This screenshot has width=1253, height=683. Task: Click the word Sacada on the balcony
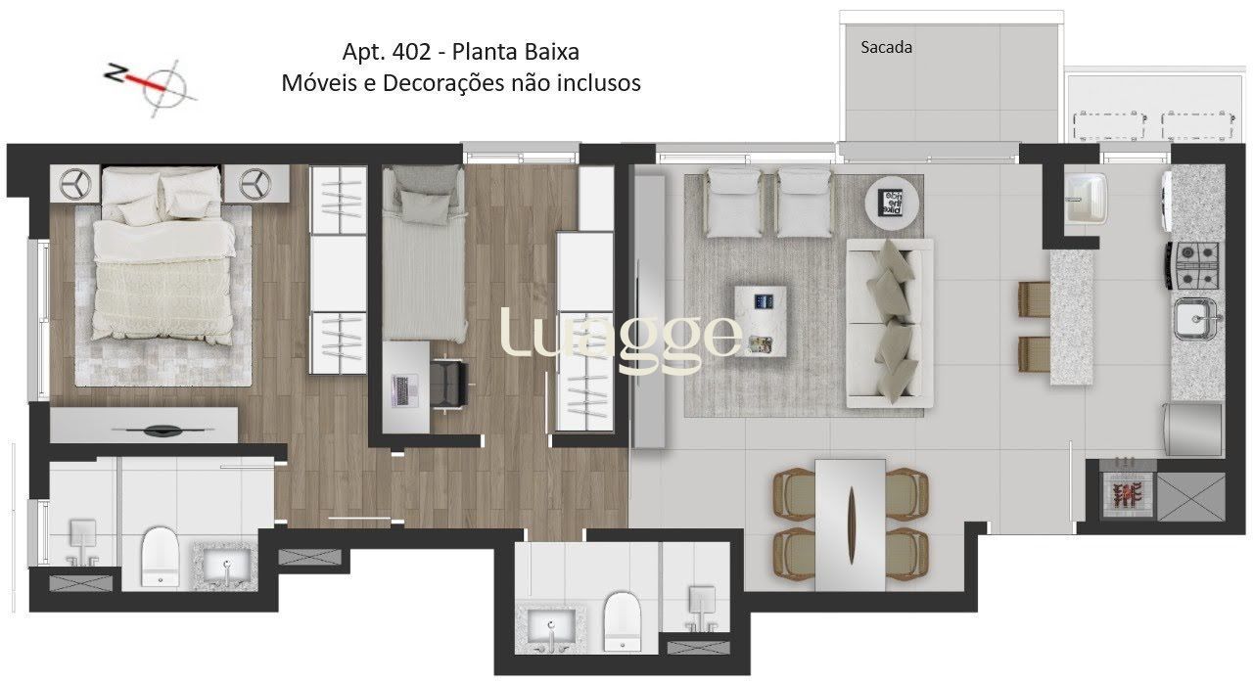pyautogui.click(x=886, y=48)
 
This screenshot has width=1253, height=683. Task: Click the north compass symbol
pyautogui.click(x=151, y=87)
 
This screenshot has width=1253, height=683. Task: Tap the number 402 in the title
pyautogui.click(x=412, y=52)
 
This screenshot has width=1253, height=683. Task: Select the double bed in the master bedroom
pyautogui.click(x=163, y=254)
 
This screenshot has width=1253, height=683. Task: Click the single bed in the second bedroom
pyautogui.click(x=424, y=253)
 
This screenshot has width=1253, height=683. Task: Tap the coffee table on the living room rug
pyautogui.click(x=761, y=321)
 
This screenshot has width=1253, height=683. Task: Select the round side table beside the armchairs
pyautogui.click(x=892, y=203)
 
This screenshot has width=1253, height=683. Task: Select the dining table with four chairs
pyautogui.click(x=851, y=524)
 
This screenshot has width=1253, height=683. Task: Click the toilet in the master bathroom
pyautogui.click(x=160, y=557)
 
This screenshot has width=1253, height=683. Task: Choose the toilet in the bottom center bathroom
pyautogui.click(x=622, y=622)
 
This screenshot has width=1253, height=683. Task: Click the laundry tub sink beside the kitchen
pyautogui.click(x=1086, y=198)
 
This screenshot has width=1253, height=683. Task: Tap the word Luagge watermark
pyautogui.click(x=621, y=336)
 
